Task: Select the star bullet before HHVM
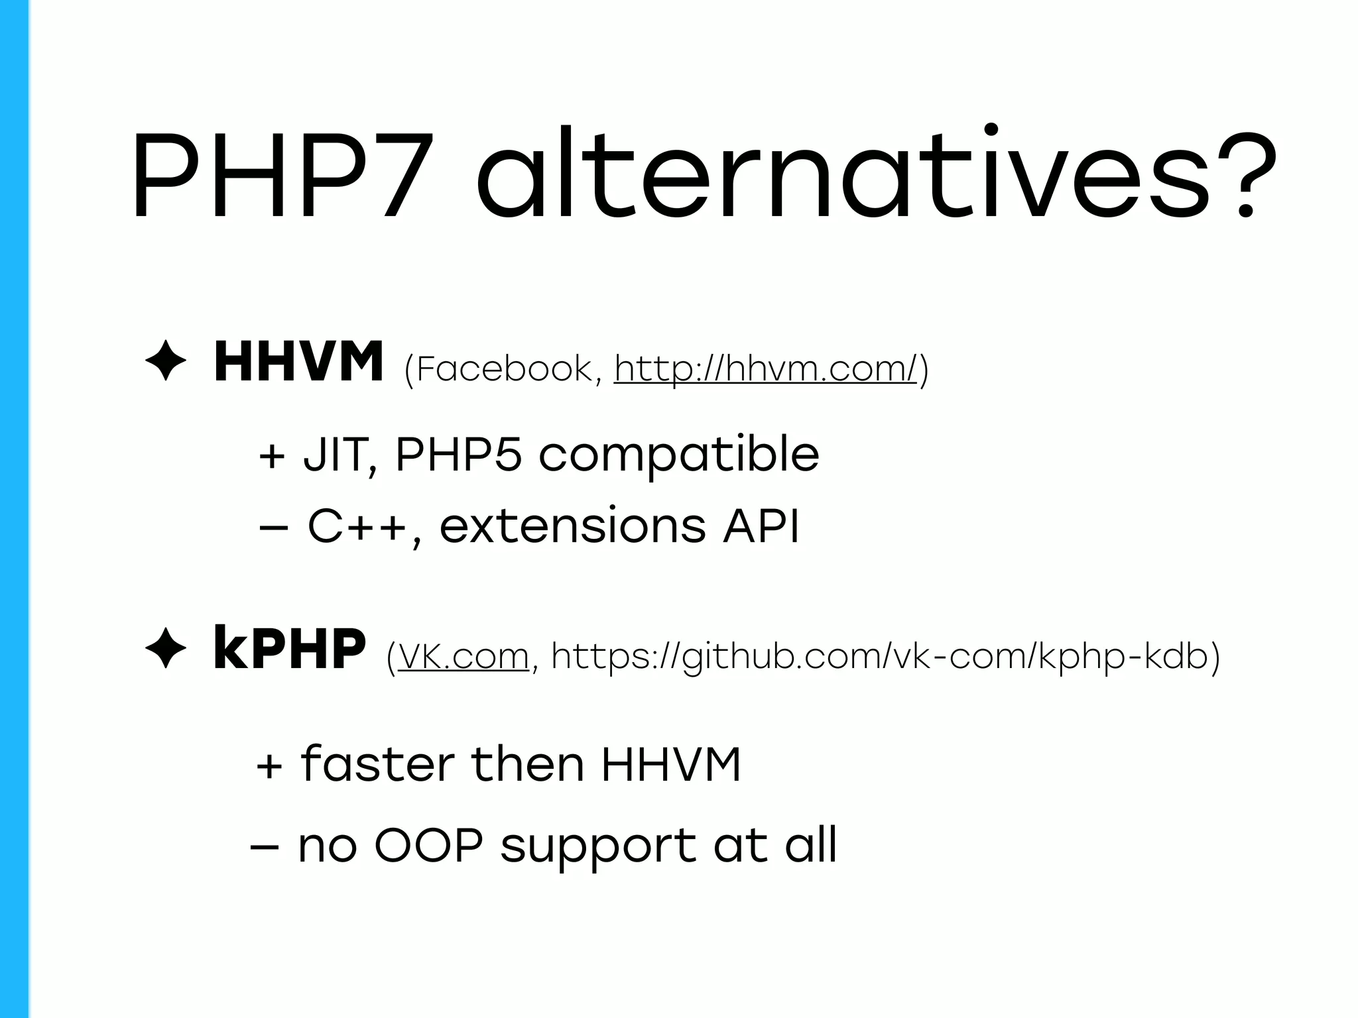tap(166, 363)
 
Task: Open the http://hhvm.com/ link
tap(766, 368)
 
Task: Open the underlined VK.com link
tap(463, 657)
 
